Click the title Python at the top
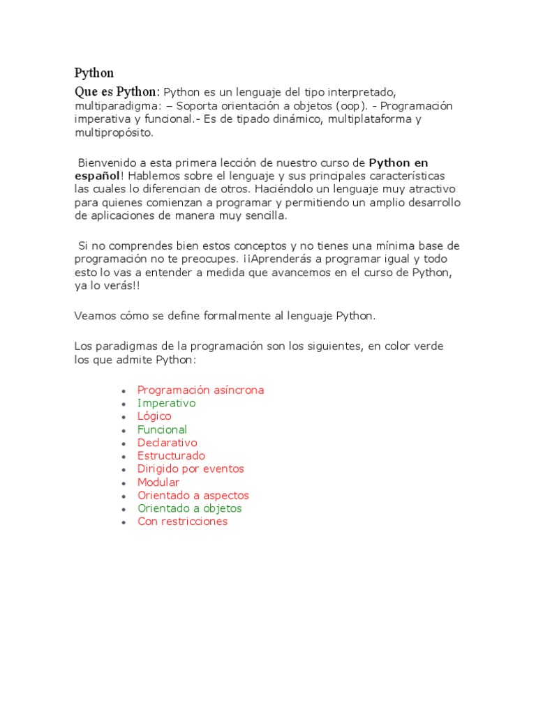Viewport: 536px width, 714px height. (x=94, y=73)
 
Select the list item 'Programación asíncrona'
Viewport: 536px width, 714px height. (x=200, y=390)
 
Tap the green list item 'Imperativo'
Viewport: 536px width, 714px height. (x=166, y=403)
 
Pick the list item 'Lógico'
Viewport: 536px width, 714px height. (x=154, y=416)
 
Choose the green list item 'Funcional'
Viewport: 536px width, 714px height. (x=162, y=430)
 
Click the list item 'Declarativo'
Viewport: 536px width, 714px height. (x=167, y=443)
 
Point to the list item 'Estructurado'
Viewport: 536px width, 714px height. (x=171, y=456)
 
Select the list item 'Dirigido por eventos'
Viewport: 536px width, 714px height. (x=191, y=469)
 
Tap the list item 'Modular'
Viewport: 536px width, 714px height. (x=158, y=483)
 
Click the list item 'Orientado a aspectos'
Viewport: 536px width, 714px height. (x=193, y=496)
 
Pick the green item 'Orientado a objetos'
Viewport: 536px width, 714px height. (x=189, y=509)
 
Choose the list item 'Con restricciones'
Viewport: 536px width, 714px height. (x=182, y=522)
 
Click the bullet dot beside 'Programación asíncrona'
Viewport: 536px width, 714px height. (x=123, y=391)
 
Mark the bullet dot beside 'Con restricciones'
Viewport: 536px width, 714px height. (x=123, y=523)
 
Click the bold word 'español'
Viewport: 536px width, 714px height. (x=98, y=176)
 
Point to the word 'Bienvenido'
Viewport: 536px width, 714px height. (x=105, y=162)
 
